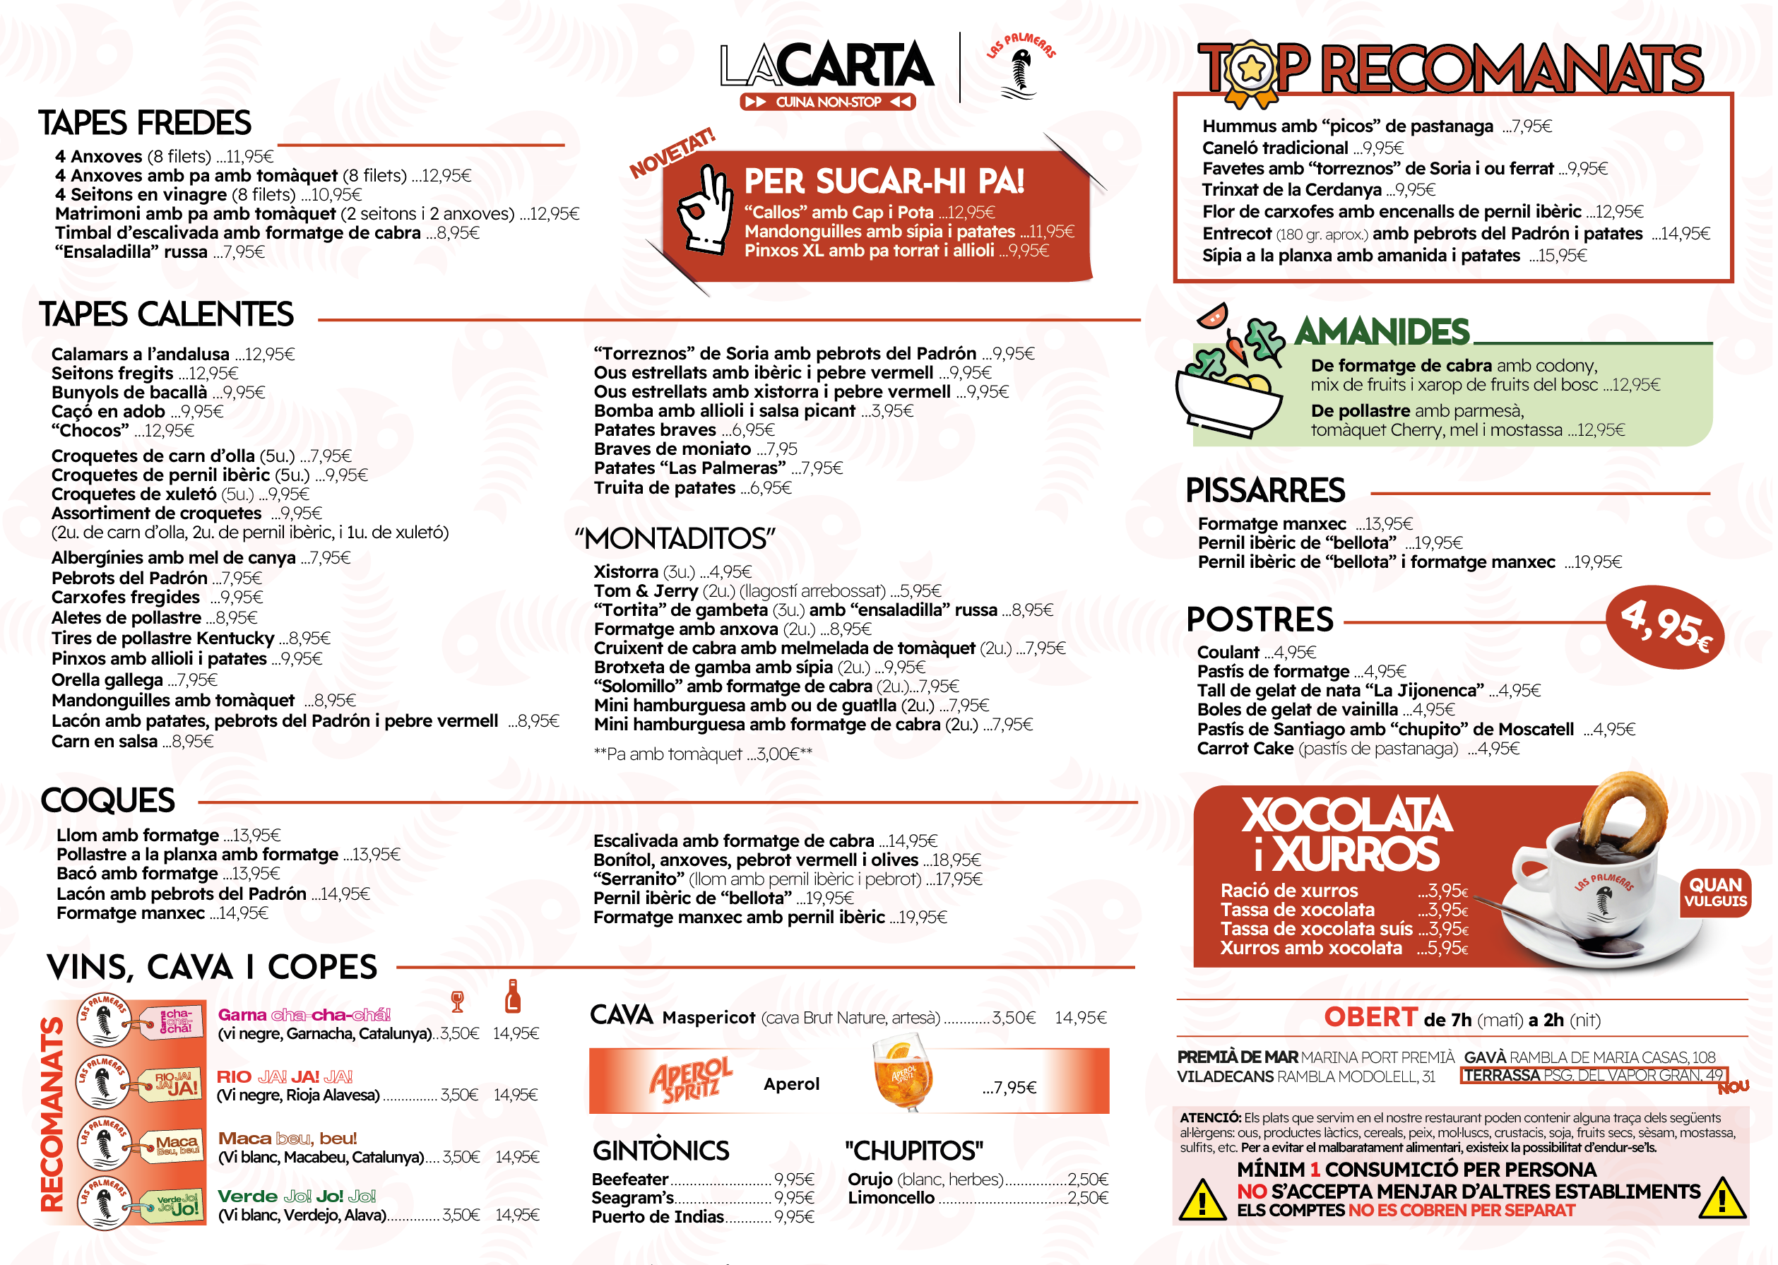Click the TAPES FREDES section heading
point(145,123)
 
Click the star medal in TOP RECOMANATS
point(1251,71)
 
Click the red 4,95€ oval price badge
point(1665,626)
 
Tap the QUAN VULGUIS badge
point(1715,892)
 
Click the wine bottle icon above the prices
point(511,997)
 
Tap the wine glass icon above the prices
point(457,1001)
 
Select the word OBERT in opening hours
point(1370,1017)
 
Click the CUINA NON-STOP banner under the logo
point(827,102)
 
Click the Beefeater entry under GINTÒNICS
point(629,1180)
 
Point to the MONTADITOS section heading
point(675,538)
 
